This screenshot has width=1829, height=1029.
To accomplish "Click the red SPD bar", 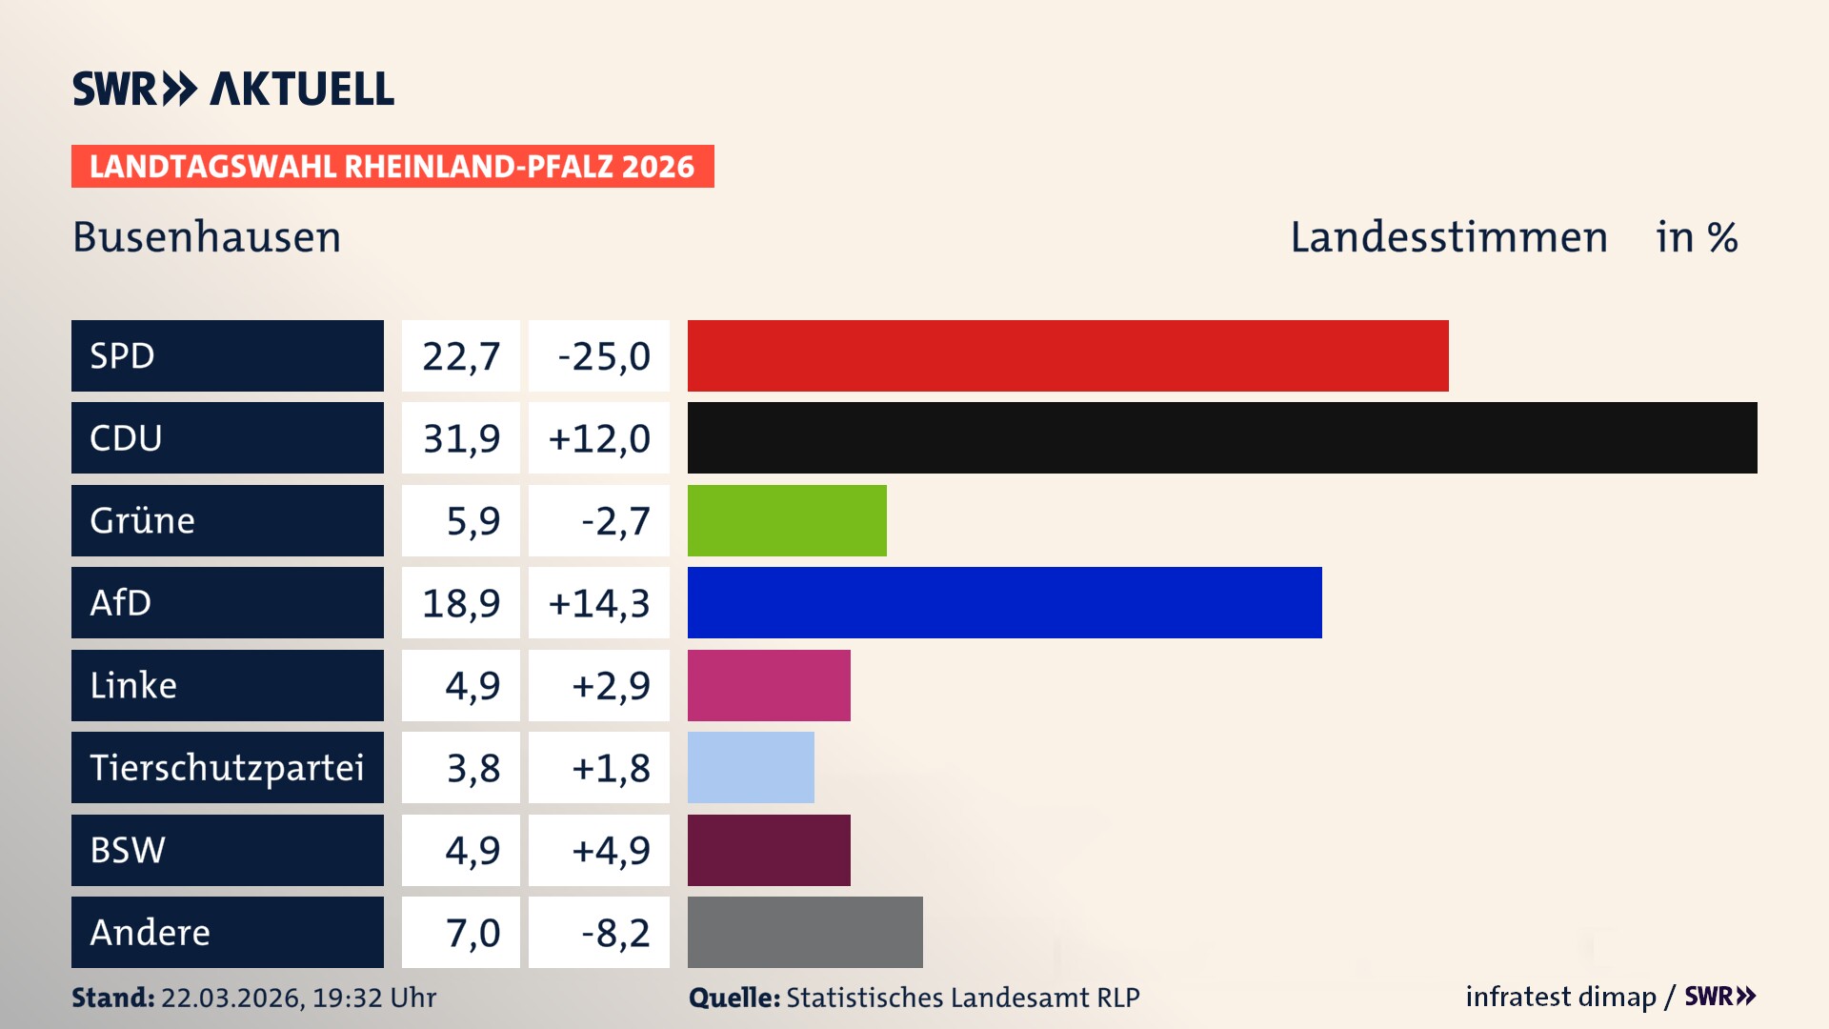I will pos(1067,355).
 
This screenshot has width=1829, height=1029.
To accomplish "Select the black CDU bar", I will pos(1221,437).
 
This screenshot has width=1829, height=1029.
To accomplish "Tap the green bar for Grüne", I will pos(786,520).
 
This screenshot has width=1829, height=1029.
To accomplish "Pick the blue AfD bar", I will pos(1004,602).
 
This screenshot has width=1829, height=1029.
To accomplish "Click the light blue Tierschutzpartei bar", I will pos(751,767).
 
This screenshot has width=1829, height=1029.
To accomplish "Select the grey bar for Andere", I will pos(805,932).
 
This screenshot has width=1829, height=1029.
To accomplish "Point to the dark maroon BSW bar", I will pos(769,850).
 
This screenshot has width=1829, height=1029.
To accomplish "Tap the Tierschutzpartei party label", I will pos(227,767).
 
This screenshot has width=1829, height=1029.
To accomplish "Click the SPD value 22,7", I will pos(461,356).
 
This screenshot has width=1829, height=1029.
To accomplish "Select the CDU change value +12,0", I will pos(599,438).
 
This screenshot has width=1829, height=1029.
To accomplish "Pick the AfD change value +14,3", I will pos(599,603).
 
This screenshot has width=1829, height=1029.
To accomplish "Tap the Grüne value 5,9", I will pos(472,521).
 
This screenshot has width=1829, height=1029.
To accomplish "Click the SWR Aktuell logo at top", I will pos(233,89).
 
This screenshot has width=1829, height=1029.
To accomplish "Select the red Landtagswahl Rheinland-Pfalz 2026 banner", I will pos(392,166).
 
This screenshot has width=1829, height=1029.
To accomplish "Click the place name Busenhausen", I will pos(207,237).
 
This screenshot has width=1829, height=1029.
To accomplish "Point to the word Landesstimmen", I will pos(1448,237).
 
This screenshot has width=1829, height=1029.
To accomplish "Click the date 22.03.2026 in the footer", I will pos(231,998).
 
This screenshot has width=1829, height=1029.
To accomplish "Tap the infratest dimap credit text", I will pos(1560,997).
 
